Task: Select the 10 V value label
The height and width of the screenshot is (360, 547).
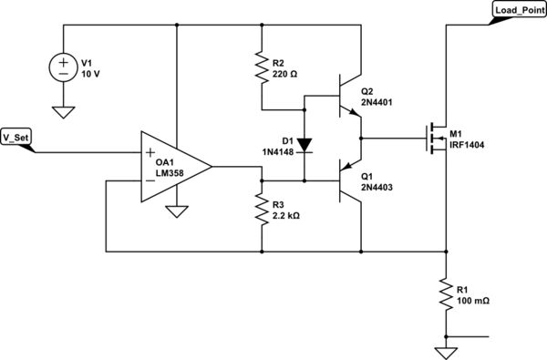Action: pos(91,76)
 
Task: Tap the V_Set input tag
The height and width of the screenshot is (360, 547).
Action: pos(18,139)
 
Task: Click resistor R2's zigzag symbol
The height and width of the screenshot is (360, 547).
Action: pos(261,69)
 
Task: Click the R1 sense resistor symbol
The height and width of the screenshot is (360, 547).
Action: pos(446,293)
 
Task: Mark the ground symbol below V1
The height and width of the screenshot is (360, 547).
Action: pos(62,112)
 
